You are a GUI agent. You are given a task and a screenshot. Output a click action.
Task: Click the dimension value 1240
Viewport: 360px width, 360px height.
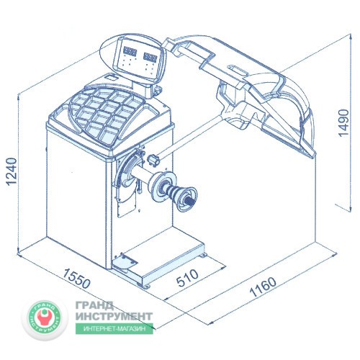tap(12, 171)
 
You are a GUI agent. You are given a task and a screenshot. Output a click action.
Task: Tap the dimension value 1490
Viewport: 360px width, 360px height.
tap(343, 123)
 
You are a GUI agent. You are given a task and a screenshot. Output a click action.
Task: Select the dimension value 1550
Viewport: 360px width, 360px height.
tap(76, 279)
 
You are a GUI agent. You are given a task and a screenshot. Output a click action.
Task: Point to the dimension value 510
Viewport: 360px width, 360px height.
tap(187, 278)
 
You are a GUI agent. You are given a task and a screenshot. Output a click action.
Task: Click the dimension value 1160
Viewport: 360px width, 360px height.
tap(263, 287)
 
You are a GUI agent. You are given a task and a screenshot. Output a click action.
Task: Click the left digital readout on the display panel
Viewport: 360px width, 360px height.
tap(130, 51)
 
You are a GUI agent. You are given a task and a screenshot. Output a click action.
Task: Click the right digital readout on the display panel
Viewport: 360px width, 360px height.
tap(150, 57)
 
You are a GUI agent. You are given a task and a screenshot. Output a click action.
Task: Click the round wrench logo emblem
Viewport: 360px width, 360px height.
tap(45, 317)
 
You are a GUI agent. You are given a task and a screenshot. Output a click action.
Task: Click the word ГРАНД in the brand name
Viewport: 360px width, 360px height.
tap(94, 306)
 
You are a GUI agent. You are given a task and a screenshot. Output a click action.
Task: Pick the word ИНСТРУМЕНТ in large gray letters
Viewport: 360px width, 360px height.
tap(114, 316)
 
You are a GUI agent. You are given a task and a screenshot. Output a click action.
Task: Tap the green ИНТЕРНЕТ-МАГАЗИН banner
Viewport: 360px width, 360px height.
tap(114, 328)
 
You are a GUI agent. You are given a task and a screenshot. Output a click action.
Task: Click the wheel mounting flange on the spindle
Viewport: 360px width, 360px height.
tap(164, 186)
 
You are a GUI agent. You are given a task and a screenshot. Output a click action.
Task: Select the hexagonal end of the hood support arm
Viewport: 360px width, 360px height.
tap(154, 160)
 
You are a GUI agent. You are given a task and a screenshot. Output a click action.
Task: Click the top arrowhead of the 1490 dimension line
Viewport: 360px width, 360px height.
tap(351, 37)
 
